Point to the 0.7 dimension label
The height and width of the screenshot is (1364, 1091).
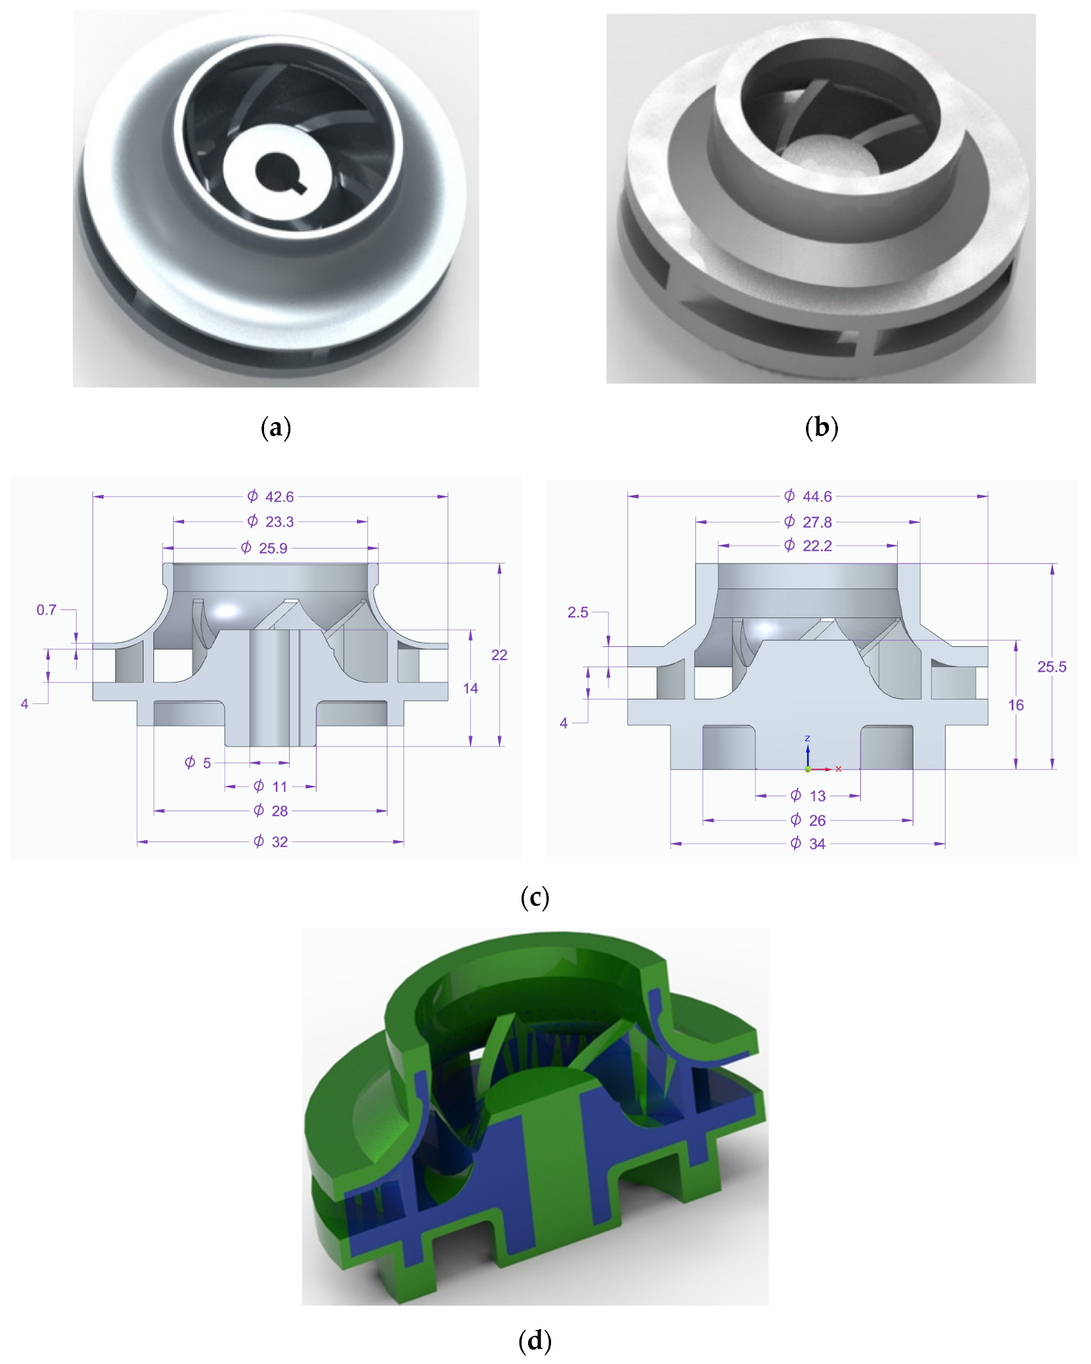47,610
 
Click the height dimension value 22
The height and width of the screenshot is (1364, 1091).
499,655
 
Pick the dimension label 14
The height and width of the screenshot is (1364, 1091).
470,688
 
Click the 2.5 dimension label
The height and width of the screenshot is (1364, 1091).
578,612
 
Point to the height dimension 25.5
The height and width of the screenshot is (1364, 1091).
1052,667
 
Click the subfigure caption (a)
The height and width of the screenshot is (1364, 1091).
275,427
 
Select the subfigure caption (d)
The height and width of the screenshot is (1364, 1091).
535,1340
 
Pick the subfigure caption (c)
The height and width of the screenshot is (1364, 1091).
535,897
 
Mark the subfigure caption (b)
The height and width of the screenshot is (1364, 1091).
821,427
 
